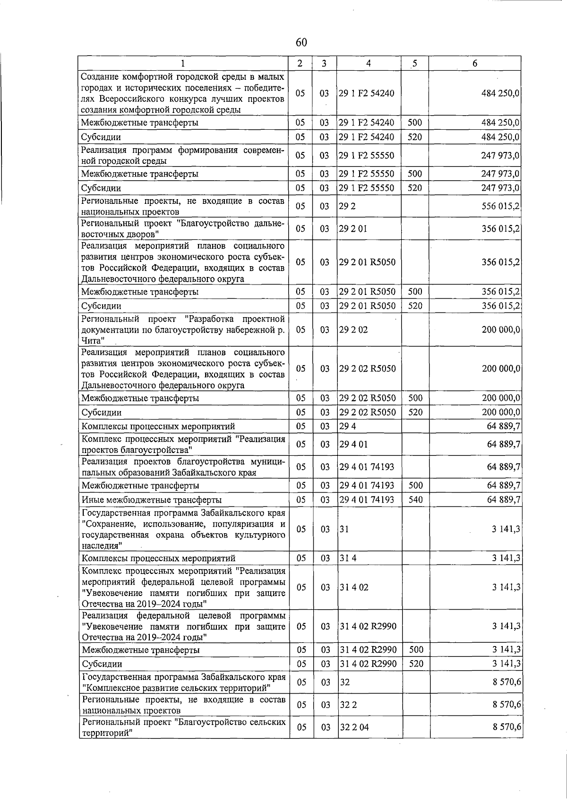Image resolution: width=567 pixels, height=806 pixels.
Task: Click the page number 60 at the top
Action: [x=301, y=42]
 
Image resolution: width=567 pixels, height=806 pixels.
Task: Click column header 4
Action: [x=368, y=63]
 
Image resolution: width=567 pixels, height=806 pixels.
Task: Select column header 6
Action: [x=475, y=63]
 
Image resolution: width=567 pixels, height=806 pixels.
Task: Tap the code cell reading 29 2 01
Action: [x=353, y=229]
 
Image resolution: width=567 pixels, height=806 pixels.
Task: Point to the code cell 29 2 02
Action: [x=353, y=330]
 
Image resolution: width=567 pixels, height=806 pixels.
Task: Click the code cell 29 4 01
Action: [x=353, y=444]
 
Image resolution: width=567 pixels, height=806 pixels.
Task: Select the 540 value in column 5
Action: [x=415, y=499]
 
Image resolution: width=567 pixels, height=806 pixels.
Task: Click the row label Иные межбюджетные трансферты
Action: [x=151, y=500]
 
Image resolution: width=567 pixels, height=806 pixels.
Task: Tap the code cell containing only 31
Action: [x=344, y=529]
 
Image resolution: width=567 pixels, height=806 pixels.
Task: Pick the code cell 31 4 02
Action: [x=354, y=588]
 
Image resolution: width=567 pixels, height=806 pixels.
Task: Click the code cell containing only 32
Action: [x=344, y=682]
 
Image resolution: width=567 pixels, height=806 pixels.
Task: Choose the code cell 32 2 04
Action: [x=354, y=727]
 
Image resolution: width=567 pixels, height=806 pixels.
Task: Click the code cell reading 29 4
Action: [x=348, y=427]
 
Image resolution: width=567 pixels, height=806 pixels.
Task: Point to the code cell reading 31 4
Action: [x=348, y=558]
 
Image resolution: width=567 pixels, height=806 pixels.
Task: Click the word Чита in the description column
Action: [x=91, y=341]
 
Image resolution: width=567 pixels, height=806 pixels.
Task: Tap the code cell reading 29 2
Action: [x=347, y=206]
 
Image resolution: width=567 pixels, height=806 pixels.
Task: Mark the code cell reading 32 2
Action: [x=348, y=705]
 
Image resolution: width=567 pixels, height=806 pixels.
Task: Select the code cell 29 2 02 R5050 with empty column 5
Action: [x=368, y=369]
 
